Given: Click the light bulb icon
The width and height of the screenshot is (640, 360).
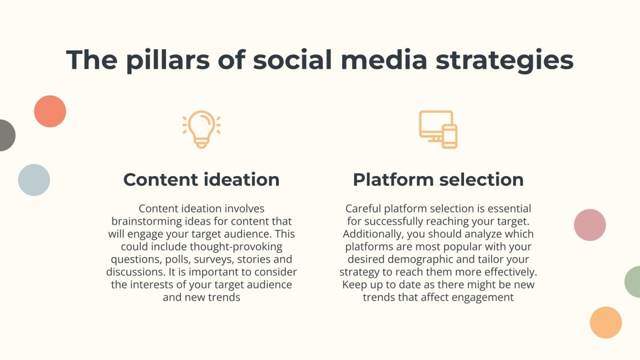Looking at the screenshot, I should point(201,129).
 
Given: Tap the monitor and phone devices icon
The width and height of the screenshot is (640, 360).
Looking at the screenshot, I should point(438,129).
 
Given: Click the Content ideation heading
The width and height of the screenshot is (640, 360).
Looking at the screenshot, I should point(201,180).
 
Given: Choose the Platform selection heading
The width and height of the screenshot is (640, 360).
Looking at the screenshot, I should point(438,180).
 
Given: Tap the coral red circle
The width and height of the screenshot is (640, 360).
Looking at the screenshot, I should point(50,111).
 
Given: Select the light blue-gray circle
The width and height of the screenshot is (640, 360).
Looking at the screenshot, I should point(34,180).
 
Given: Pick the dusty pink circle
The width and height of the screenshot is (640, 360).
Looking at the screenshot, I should point(590,225).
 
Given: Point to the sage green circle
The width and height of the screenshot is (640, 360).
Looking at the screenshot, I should point(633,282).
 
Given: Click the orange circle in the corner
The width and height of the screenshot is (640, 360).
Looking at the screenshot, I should point(606,322).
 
